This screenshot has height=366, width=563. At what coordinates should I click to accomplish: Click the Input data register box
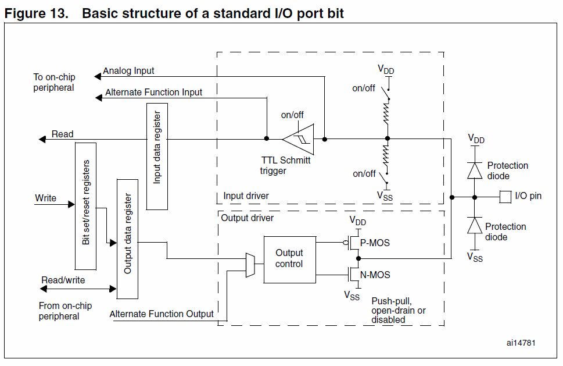pos(157,156)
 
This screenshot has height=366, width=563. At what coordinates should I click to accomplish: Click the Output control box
pos(289,258)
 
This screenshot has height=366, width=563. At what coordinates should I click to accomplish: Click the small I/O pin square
pos(505,196)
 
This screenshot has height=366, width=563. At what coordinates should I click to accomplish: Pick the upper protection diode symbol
pos(475,170)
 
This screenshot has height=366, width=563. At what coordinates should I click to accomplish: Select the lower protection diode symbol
pos(475,226)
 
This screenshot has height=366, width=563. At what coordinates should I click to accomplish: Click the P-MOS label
pos(376,243)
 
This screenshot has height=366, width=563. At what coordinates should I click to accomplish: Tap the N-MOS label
pos(376,275)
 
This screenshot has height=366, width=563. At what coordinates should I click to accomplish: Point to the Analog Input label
pos(129,71)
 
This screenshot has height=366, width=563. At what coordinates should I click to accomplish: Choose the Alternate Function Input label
pos(154,92)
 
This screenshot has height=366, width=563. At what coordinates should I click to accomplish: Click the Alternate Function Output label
pos(162,314)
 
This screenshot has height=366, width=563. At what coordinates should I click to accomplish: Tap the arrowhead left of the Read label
pos(42,139)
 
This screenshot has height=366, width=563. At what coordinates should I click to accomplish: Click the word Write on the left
pos(46,198)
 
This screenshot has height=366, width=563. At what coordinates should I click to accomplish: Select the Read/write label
pos(63,280)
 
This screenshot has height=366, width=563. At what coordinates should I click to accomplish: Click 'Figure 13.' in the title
pos(38,13)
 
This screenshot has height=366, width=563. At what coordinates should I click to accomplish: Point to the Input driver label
pos(246,196)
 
